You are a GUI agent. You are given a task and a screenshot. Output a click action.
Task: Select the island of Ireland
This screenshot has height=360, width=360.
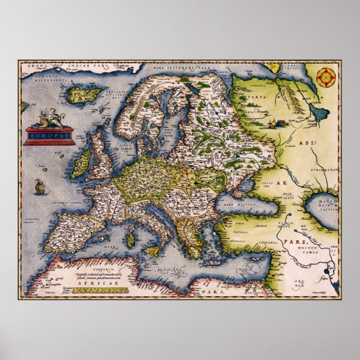pyautogui.click(x=83, y=161)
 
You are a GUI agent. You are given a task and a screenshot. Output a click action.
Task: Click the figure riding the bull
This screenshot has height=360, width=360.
pyautogui.click(x=46, y=119)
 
